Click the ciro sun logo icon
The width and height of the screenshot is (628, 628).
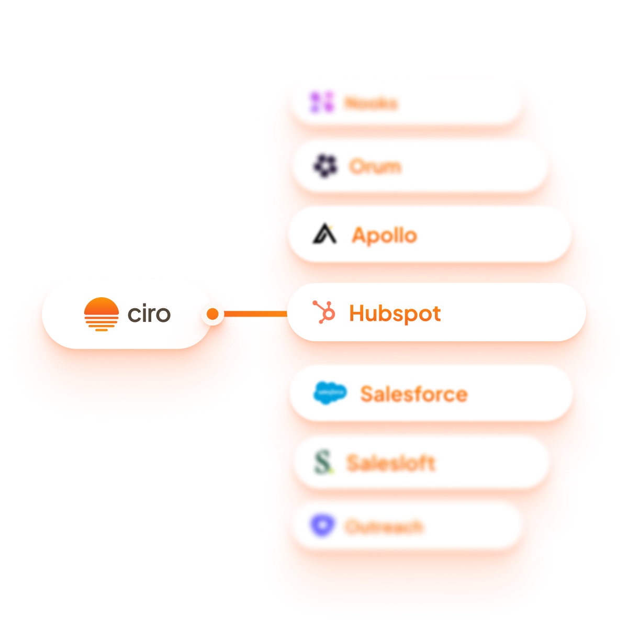click(x=102, y=314)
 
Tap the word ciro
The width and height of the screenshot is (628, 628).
click(x=149, y=314)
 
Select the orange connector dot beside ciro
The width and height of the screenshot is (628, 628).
click(x=212, y=314)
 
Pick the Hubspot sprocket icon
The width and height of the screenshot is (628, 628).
click(x=324, y=312)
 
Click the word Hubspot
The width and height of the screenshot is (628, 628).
click(x=395, y=313)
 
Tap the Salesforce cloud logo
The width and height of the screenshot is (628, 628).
click(x=330, y=392)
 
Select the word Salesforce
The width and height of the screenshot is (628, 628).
click(x=413, y=394)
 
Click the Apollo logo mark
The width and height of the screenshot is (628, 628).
click(x=324, y=234)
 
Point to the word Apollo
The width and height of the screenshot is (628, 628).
click(x=385, y=235)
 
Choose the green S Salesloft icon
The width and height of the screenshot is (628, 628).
click(x=324, y=463)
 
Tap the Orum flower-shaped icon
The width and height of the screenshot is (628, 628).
click(x=326, y=166)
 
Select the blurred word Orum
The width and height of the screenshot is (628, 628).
click(x=375, y=167)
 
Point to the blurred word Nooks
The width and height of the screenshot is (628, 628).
click(x=371, y=103)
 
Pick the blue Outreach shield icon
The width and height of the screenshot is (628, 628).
click(x=321, y=525)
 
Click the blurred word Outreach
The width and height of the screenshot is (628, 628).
click(x=384, y=526)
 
